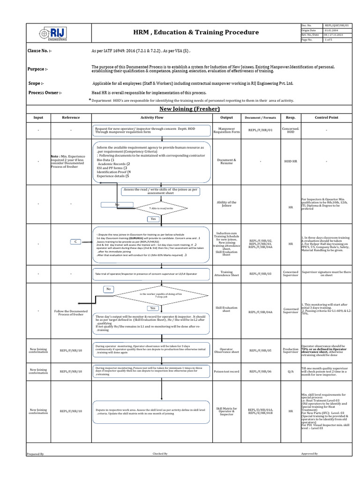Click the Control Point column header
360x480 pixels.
coord(326,118)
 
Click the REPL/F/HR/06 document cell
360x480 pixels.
coord(261,371)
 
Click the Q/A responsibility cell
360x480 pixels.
coord(291,371)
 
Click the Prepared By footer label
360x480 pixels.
coord(35,454)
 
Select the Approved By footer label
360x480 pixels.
coord(309,454)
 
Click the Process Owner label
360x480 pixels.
coord(45,92)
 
